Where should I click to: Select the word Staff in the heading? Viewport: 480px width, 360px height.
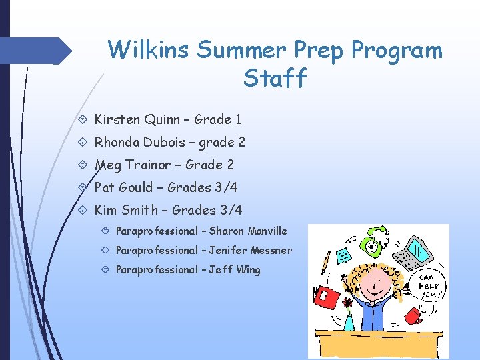275,79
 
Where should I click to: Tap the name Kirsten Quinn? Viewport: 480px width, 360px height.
137,120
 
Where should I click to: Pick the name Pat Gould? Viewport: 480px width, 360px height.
123,187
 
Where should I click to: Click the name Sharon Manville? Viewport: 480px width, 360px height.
248,231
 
